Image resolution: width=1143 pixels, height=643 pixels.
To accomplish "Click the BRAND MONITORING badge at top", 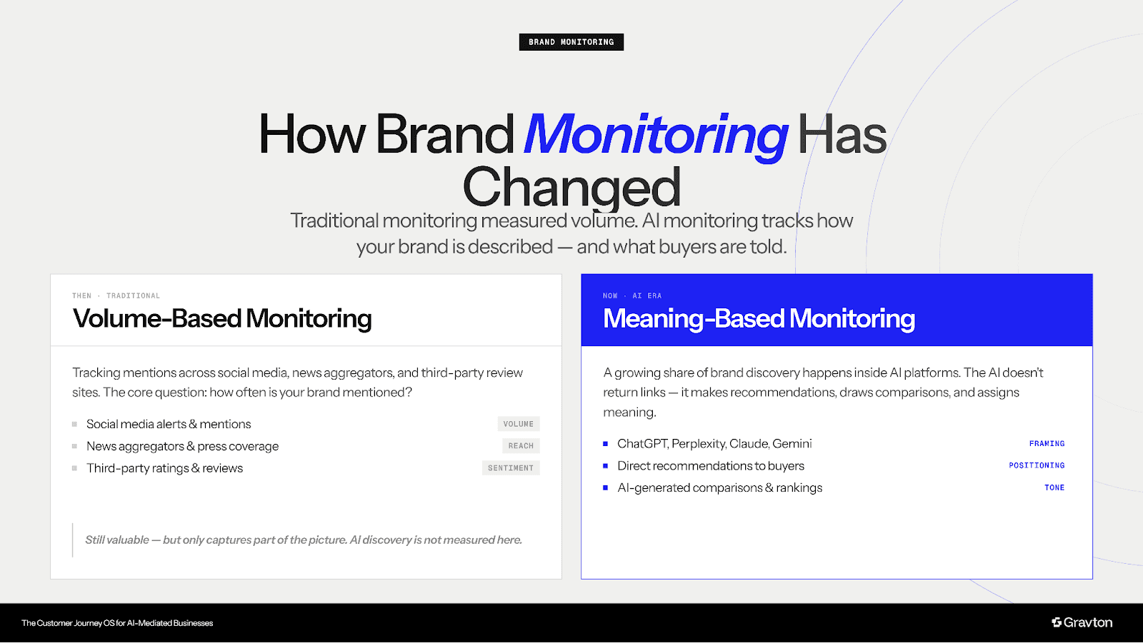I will [571, 42].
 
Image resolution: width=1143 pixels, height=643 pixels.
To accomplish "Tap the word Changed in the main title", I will [571, 188].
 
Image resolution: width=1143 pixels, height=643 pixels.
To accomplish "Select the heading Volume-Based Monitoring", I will [222, 318].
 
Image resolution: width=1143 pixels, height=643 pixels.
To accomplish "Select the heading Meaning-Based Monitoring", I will [759, 318].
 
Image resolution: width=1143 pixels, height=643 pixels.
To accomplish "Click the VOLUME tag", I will [518, 424].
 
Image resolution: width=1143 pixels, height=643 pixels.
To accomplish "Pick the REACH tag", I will [521, 446].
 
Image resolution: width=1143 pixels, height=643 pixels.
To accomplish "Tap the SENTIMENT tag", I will [511, 468].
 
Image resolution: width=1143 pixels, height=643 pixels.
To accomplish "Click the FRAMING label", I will [1047, 444].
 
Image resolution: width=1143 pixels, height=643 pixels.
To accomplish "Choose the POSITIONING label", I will [1037, 465].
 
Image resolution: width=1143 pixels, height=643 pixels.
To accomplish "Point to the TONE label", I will [1054, 488].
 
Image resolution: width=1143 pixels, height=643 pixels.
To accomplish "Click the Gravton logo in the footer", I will [1082, 622].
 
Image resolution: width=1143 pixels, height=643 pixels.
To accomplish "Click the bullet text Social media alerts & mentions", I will [169, 424].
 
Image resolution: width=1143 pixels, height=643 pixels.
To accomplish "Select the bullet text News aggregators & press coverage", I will [182, 446].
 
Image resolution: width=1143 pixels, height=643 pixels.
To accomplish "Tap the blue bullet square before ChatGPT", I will [605, 444].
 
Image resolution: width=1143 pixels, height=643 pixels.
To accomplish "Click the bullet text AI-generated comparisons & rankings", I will [719, 488].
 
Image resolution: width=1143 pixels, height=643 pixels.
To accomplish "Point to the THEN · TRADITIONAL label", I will [116, 295].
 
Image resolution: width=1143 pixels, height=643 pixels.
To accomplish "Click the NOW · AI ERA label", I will [632, 295].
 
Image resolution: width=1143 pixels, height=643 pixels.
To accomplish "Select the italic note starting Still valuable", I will [303, 540].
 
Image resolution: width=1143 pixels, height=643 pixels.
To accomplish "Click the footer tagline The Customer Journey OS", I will [117, 623].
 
